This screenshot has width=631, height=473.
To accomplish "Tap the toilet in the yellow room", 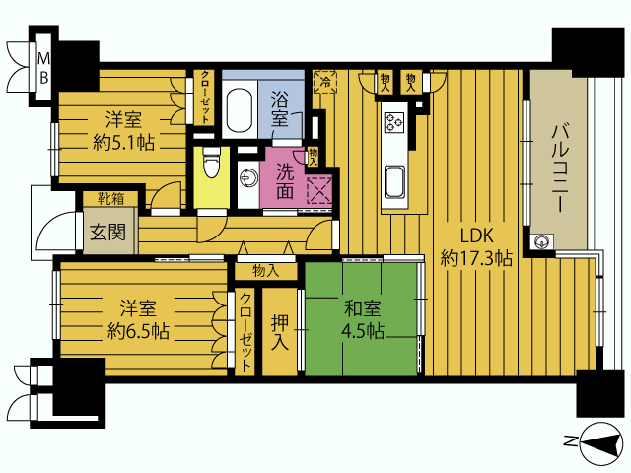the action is click(212, 163).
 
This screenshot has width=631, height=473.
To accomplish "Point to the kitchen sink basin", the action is click(394, 181).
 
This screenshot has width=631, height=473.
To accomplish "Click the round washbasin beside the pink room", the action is click(247, 178).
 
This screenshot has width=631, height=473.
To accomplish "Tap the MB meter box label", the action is click(43, 68).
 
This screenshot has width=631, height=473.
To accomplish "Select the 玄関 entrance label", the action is click(107, 233).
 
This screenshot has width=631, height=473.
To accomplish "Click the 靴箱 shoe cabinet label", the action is click(111, 199).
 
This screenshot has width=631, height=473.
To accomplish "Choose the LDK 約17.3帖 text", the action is click(476, 247).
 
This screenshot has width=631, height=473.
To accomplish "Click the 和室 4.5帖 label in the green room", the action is click(362, 319).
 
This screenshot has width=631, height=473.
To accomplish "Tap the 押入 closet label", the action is click(280, 332).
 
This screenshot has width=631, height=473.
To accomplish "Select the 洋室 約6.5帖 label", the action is click(138, 319).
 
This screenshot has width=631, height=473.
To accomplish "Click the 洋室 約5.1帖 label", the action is click(123, 131).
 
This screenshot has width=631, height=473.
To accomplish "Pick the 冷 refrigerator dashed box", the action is click(325, 82).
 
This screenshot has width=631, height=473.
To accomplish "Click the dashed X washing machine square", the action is click(319, 189).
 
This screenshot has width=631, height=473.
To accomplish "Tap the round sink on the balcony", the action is click(540, 242).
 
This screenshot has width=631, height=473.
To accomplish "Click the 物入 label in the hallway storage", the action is click(265, 271).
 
